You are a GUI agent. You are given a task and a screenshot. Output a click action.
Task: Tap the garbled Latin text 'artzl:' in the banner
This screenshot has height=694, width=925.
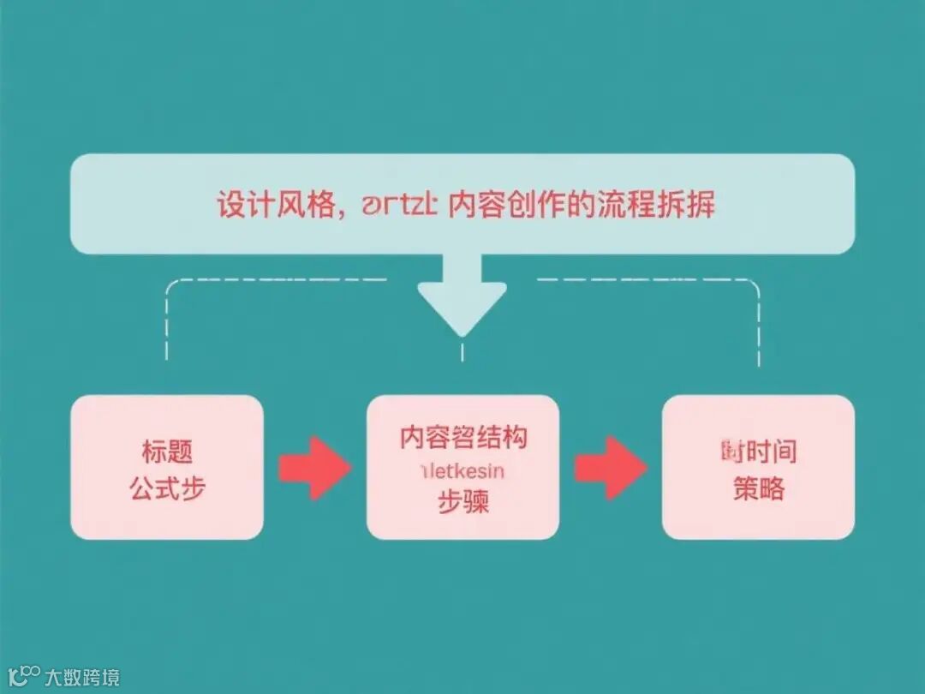(401, 206)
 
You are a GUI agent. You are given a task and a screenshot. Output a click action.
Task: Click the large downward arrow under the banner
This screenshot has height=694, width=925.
(462, 296)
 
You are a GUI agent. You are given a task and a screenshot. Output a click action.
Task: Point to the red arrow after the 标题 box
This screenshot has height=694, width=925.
(313, 468)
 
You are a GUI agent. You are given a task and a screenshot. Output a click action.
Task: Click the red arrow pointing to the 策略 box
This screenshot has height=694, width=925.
(610, 468)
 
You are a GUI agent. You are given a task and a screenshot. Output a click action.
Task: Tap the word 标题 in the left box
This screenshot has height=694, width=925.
(167, 451)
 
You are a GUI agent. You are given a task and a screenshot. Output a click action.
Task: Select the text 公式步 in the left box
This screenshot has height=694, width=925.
(167, 490)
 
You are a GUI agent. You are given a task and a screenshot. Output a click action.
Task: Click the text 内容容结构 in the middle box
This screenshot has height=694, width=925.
(463, 438)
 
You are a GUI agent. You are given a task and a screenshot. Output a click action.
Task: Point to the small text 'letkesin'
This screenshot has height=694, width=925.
(462, 470)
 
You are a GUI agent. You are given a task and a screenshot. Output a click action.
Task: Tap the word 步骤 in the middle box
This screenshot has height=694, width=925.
(463, 502)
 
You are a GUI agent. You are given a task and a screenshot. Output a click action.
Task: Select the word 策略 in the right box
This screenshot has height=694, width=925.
(759, 490)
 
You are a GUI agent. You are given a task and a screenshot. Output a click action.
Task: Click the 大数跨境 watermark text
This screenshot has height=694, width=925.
(82, 677)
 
